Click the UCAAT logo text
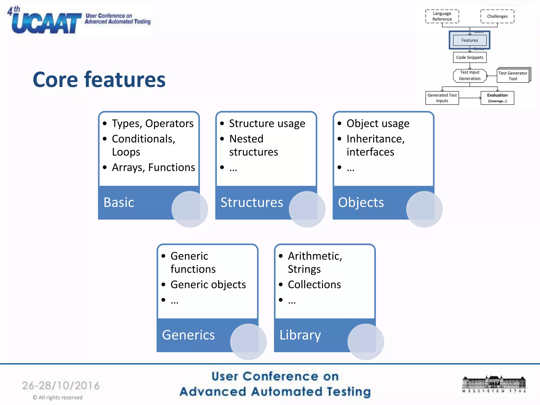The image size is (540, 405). click(x=46, y=23)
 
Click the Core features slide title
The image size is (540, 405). click(x=99, y=80)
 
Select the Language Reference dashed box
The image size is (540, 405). click(x=442, y=16)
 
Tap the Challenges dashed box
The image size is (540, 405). click(x=497, y=16)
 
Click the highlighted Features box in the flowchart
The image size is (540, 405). click(x=469, y=40)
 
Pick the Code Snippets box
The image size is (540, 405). click(x=470, y=57)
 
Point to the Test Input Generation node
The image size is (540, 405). click(x=470, y=75)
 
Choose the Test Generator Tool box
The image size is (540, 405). click(x=513, y=76)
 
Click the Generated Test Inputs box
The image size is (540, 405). click(x=442, y=98)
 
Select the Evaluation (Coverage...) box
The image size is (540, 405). click(x=497, y=98)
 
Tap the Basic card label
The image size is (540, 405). click(x=119, y=202)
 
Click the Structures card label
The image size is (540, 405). click(x=252, y=202)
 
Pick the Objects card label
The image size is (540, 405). click(x=361, y=202)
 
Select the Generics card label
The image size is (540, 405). click(x=188, y=335)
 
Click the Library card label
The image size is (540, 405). click(x=300, y=335)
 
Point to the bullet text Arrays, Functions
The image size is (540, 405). click(x=153, y=167)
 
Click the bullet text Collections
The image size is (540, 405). click(x=314, y=285)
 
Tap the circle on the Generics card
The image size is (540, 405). click(x=248, y=342)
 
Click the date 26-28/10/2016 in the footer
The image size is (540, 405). click(x=61, y=385)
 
